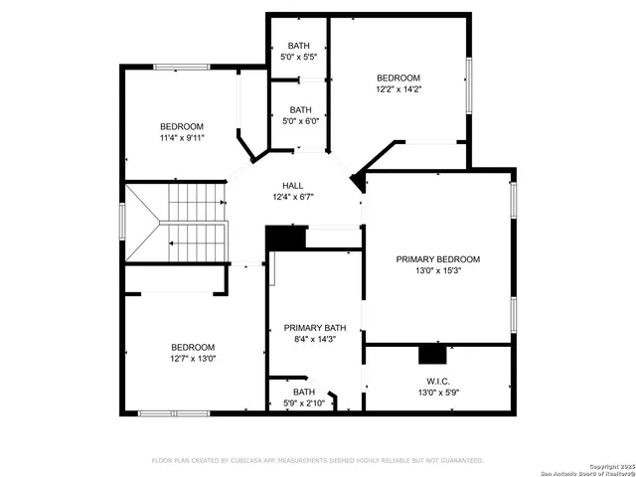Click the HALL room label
point(292,186)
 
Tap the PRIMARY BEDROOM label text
point(438,258)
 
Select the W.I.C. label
point(438,381)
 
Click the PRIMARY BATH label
point(314,327)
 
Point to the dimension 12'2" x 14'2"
point(397,89)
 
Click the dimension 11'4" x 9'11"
point(182,138)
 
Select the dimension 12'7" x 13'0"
point(193,359)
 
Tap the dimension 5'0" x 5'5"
point(299,58)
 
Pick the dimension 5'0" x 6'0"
point(299,122)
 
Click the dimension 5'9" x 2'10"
point(304,403)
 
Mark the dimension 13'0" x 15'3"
point(438,270)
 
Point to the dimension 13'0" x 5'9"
point(438,393)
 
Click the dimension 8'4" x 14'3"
point(314,339)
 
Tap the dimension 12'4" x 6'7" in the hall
point(292,198)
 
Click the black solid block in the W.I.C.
point(432,354)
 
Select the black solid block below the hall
point(285,239)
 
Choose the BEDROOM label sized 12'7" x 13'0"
point(193,347)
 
